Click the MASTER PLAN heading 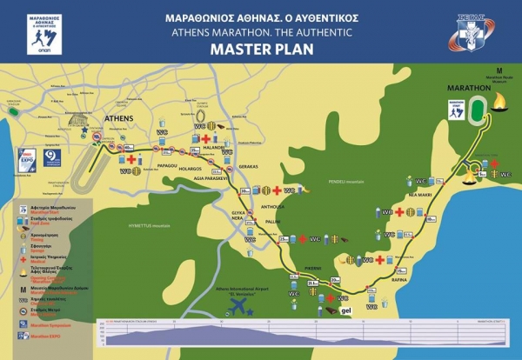tap(261, 50)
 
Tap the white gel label tap(345, 310)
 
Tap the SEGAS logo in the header tap(472, 33)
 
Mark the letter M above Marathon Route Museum tap(499, 68)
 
